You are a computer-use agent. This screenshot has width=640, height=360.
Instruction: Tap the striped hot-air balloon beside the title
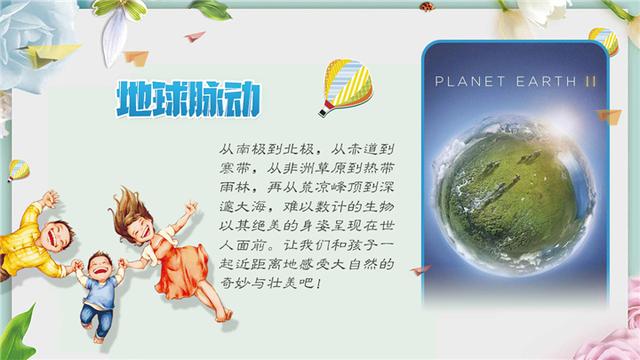[340, 86]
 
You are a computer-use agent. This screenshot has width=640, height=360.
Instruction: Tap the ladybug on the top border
[427, 6]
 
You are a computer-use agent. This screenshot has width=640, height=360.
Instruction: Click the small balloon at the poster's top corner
[602, 41]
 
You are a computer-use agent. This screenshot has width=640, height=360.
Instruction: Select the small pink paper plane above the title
[195, 37]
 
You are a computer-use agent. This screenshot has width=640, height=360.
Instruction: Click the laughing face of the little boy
[100, 270]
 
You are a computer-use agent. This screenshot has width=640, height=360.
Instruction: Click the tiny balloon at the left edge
[18, 170]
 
